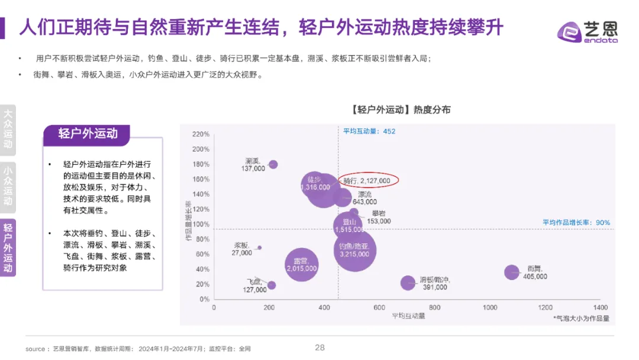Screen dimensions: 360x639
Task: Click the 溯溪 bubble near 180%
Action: tap(273, 165)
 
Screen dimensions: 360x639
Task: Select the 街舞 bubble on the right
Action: tap(511, 272)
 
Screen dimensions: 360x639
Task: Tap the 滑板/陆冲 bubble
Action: tap(408, 283)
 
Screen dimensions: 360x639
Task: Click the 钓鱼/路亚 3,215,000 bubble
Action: tap(354, 250)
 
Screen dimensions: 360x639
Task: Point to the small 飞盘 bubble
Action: tap(272, 285)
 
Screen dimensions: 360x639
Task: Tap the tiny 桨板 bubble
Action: tap(259, 247)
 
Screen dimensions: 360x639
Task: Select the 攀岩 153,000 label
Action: tap(379, 217)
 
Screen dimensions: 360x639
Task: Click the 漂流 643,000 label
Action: tap(364, 198)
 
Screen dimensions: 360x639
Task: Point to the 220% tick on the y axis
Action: tap(201, 134)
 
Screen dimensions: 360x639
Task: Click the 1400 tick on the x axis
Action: tap(600, 307)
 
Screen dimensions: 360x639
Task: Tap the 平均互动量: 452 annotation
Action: tap(369, 131)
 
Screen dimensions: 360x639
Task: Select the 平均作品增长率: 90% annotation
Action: tap(576, 223)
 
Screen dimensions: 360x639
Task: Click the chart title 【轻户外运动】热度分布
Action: tap(401, 110)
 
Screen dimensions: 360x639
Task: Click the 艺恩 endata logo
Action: tap(588, 33)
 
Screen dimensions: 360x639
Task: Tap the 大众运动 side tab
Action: tap(8, 130)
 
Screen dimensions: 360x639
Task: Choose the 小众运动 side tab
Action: tap(8, 186)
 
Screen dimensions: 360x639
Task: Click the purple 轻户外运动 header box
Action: tap(88, 134)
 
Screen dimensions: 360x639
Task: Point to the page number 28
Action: tap(319, 348)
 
